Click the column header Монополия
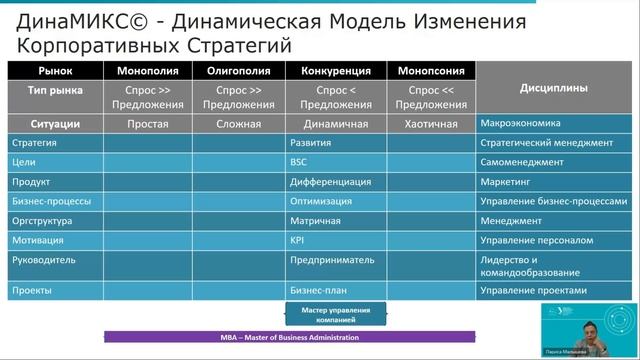pyautogui.click(x=149, y=71)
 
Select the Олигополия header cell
pyautogui.click(x=238, y=71)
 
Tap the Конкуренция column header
pyautogui.click(x=331, y=71)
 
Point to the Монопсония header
pyautogui.click(x=423, y=71)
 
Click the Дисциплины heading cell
pyautogui.click(x=553, y=88)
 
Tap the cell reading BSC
pyautogui.click(x=299, y=162)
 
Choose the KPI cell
pyautogui.click(x=297, y=240)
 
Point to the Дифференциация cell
pyautogui.click(x=330, y=182)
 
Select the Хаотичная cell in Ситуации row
pyautogui.click(x=423, y=125)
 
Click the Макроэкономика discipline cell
pyautogui.click(x=517, y=125)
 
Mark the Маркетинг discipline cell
pyautogui.click(x=506, y=182)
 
